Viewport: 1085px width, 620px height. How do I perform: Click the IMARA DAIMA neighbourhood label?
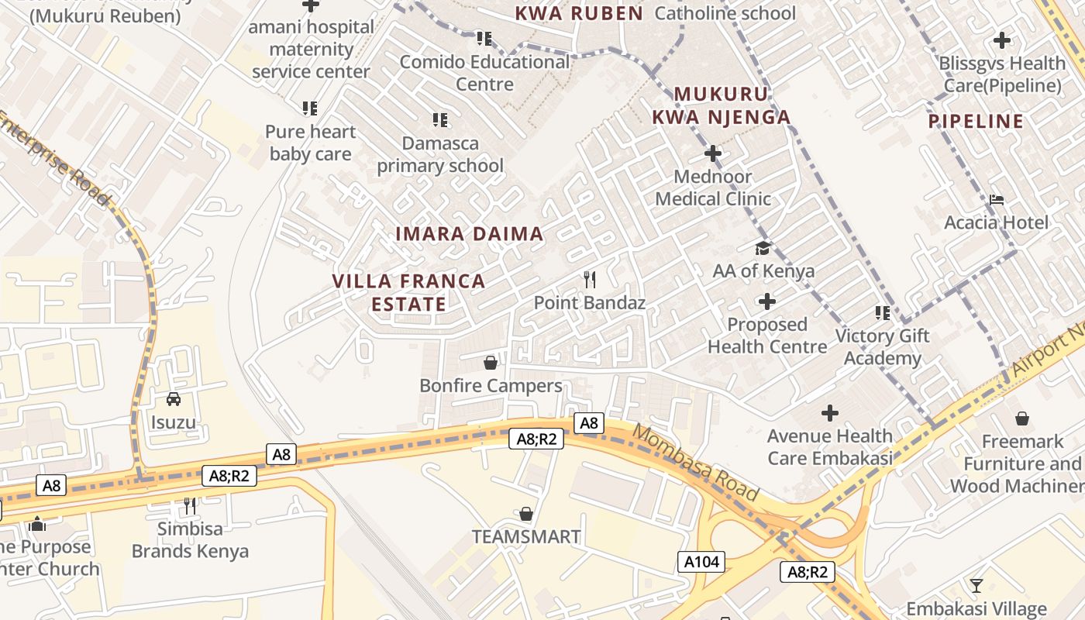469,233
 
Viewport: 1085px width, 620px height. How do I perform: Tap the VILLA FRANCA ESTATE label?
408,292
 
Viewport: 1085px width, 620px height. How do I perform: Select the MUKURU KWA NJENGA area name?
721,105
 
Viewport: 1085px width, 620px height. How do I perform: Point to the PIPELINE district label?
976,121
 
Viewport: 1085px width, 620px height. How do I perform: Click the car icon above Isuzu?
174,399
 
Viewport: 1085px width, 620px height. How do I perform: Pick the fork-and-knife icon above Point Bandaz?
590,279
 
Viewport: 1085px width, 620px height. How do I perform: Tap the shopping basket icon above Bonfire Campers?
490,362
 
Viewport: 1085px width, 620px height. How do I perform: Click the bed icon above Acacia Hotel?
997,200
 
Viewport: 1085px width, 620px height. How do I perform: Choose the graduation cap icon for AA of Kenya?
763,248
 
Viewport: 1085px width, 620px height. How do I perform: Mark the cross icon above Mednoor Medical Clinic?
712,153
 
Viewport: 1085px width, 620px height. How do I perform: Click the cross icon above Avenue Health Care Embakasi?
830,413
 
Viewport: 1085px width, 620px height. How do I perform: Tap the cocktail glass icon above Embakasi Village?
976,585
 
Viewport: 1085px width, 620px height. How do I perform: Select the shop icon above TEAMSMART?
526,514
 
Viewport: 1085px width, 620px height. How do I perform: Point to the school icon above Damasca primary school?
440,120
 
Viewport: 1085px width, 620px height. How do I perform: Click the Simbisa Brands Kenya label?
190,540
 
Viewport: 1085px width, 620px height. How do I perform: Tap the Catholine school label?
725,13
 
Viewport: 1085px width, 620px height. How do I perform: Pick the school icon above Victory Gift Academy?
882,313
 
